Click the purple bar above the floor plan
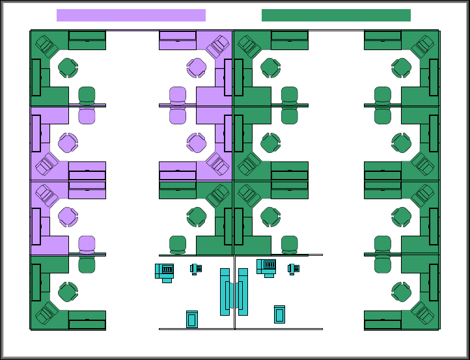(131, 15)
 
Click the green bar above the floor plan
(336, 15)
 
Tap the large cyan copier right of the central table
(267, 267)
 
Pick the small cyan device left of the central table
(195, 268)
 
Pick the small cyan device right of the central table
(293, 268)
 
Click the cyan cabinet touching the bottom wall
(192, 319)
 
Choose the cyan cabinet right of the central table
(280, 314)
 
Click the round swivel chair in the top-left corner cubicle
(68, 66)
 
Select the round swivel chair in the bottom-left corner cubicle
(68, 291)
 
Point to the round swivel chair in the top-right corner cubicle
(402, 66)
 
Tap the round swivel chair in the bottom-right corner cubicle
(402, 291)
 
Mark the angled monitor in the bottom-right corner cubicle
(423, 314)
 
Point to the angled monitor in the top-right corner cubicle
(423, 45)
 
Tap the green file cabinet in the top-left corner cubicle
(87, 40)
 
